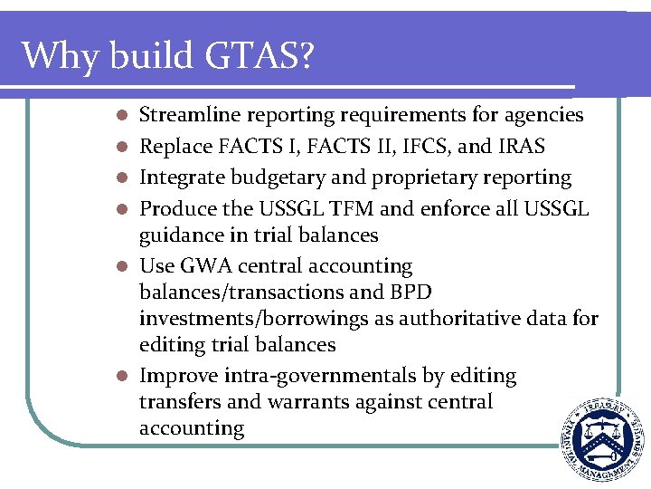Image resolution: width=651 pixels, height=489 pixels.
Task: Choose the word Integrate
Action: click(x=181, y=177)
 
